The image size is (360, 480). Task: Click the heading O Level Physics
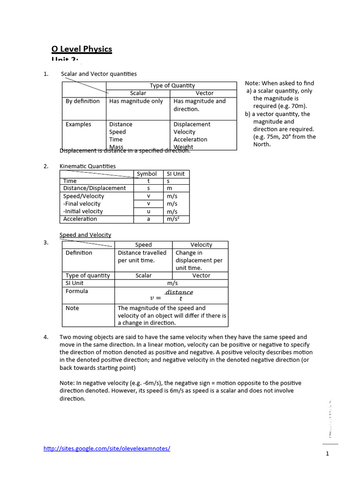click(82, 49)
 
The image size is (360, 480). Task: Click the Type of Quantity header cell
click(172, 85)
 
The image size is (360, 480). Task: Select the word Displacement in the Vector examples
click(192, 124)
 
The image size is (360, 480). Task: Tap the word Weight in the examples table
click(183, 147)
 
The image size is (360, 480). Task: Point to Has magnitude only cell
click(136, 101)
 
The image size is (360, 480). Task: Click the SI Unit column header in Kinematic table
click(176, 173)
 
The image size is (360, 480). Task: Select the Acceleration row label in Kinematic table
click(80, 219)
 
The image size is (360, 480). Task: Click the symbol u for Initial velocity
click(149, 211)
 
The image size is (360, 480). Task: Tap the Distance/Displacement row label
click(95, 188)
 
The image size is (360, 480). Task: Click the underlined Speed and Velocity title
click(85, 235)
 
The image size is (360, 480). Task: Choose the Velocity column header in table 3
click(201, 245)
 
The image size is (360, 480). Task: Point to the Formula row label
click(77, 291)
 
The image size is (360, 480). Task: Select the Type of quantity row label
click(88, 276)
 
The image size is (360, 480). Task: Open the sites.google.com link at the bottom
click(107, 449)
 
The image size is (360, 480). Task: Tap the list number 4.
click(46, 337)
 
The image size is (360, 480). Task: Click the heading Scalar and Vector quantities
click(99, 74)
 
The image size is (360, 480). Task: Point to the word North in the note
click(262, 144)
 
